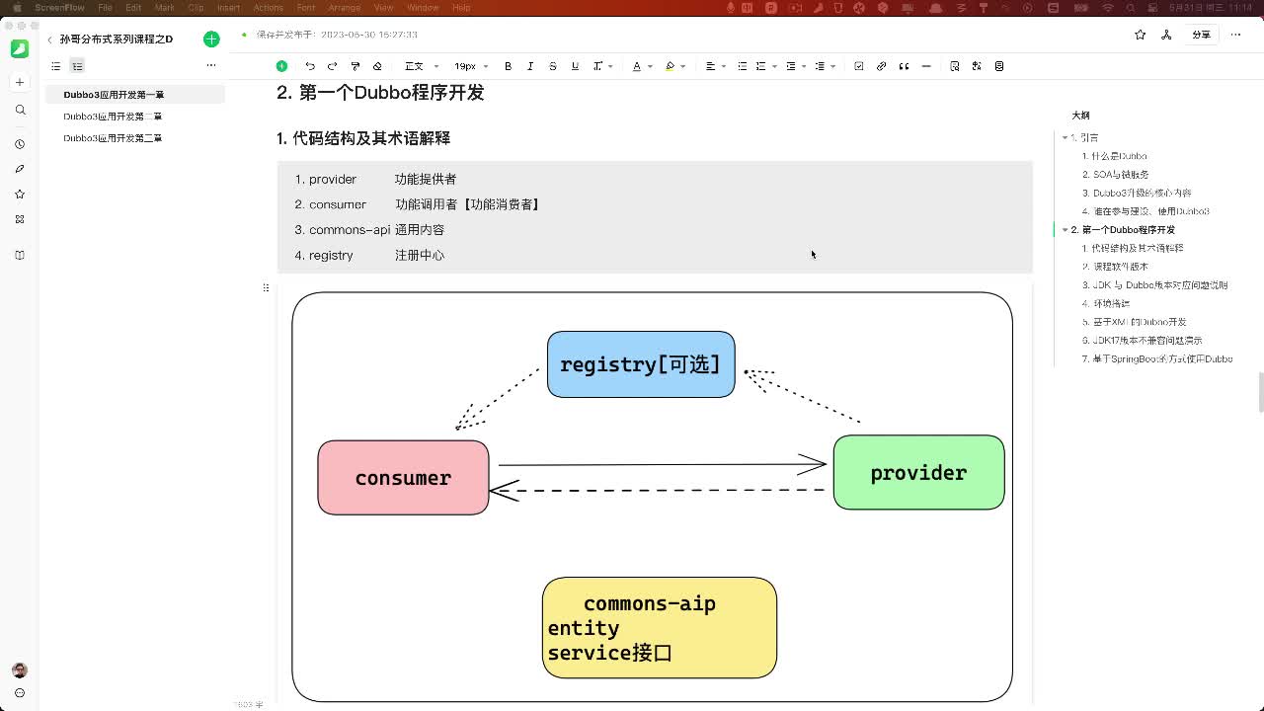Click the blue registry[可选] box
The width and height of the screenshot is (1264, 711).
640,364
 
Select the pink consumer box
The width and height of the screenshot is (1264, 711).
403,478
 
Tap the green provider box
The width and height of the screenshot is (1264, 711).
918,473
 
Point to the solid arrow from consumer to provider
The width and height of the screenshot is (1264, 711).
662,464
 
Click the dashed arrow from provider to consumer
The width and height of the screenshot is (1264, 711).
662,490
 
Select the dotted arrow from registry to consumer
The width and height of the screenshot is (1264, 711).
499,398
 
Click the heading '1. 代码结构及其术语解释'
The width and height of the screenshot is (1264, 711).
363,138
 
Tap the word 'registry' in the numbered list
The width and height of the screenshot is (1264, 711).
331,255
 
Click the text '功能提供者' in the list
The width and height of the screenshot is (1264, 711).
426,179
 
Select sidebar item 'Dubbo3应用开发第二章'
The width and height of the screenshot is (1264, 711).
113,117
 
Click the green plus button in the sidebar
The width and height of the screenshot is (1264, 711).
211,39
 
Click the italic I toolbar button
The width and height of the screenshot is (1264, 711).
530,66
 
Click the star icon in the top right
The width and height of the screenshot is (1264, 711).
1141,35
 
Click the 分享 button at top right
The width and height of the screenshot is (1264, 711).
1201,35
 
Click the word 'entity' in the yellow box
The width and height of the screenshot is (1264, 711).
584,628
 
